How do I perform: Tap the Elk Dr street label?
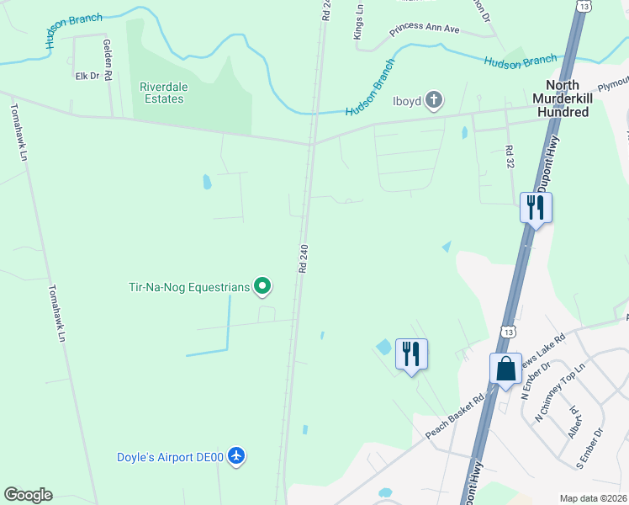87,76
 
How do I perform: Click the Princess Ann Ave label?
425,29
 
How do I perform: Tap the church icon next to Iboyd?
433,101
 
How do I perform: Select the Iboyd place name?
407,101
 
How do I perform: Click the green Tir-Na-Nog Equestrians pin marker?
262,287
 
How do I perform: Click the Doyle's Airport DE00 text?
170,457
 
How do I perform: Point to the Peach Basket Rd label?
457,416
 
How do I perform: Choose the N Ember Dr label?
535,378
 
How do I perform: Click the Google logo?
28,495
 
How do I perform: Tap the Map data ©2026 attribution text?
594,498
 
